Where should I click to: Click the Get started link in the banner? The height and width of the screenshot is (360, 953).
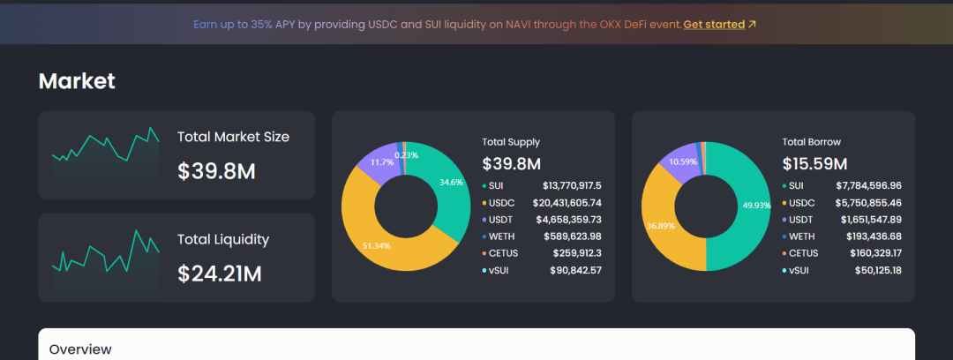coord(714,25)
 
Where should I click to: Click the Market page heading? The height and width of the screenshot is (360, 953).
coord(77,81)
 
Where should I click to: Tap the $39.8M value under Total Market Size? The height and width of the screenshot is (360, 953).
coord(216,171)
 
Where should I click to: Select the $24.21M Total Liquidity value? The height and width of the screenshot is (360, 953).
coord(220,274)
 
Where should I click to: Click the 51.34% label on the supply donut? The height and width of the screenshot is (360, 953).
coord(376,245)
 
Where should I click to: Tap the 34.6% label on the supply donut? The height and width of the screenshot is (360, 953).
coord(450,181)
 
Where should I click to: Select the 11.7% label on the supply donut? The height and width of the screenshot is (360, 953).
coord(382,161)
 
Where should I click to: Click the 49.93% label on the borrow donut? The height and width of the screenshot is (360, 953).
coord(757,205)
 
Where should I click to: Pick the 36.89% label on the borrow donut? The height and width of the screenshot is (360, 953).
coord(661,226)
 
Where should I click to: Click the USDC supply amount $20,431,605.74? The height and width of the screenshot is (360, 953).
coord(567,203)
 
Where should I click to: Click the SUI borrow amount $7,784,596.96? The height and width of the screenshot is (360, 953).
coord(868,185)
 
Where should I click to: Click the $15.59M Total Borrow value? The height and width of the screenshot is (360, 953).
coord(814,163)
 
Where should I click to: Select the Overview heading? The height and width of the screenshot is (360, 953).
coord(80,349)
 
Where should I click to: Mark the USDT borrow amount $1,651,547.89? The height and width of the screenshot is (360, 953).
coord(870,220)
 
